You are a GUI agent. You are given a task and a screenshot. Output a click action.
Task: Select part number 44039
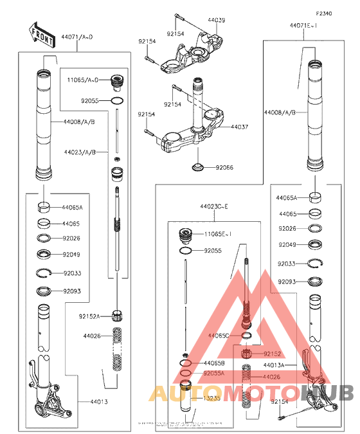[216, 21]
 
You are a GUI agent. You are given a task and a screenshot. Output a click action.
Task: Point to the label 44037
[239, 127]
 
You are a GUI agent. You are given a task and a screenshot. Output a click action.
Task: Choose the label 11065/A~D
[82, 80]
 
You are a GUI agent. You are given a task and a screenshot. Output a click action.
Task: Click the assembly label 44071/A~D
[77, 38]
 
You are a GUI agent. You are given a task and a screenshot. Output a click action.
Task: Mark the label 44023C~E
[213, 206]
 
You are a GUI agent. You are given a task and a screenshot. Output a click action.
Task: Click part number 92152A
[90, 316]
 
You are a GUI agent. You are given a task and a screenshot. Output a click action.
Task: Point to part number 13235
[212, 399]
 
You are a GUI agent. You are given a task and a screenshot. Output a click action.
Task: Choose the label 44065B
[213, 363]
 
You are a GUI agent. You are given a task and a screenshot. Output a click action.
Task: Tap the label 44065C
[219, 336]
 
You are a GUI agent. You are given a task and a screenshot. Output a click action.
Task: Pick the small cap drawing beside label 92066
[198, 168]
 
